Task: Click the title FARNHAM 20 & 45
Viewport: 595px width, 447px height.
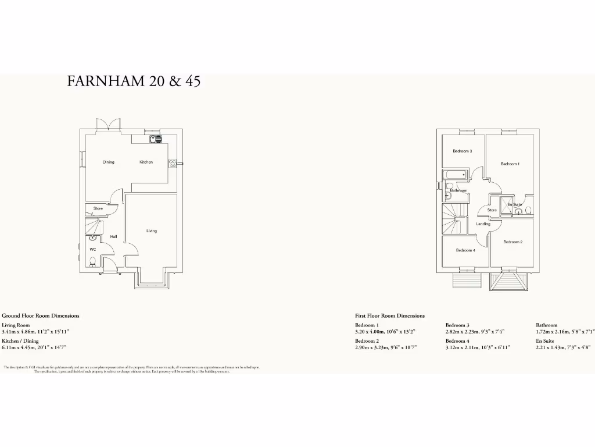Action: (x=134, y=81)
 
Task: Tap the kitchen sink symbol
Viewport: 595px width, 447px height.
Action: (x=156, y=139)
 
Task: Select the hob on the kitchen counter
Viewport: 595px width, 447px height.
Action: (x=173, y=164)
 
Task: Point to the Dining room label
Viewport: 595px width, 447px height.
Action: (x=109, y=162)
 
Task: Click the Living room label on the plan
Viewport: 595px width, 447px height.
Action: (x=152, y=231)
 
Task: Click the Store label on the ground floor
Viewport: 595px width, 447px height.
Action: (x=98, y=208)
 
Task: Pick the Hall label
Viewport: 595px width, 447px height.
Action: (x=114, y=237)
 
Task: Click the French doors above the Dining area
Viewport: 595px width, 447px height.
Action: (x=109, y=125)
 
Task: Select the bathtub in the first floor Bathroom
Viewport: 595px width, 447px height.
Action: (x=456, y=175)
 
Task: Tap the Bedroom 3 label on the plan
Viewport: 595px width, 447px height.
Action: (x=462, y=151)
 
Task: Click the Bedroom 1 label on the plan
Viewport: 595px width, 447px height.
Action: (x=510, y=164)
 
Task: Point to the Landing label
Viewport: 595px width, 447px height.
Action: (x=483, y=224)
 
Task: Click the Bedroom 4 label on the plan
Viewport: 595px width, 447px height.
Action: (x=465, y=250)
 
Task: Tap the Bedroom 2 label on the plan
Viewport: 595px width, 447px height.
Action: (x=512, y=242)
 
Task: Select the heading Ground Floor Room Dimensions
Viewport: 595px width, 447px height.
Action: (x=41, y=315)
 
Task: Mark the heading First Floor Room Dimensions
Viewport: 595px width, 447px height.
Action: (x=390, y=315)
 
